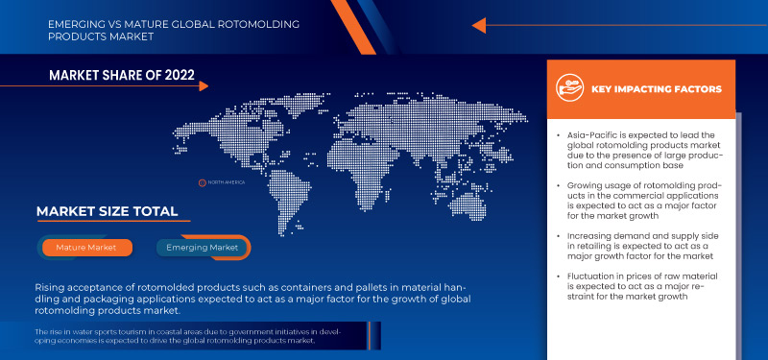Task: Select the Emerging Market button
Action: (x=203, y=248)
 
